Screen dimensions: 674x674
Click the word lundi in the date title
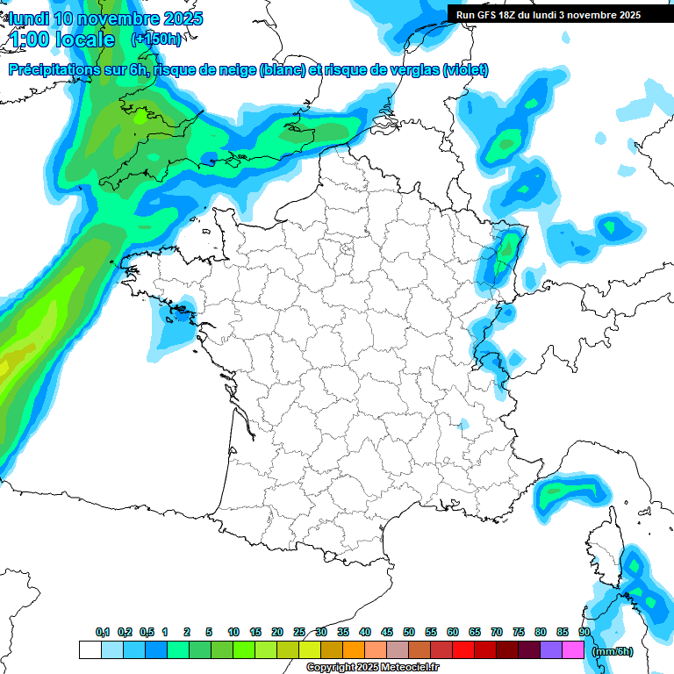29,18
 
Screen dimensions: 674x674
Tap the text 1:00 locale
62,39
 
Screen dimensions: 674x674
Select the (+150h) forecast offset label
156,39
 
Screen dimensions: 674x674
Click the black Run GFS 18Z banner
548,14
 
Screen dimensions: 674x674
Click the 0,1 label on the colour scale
103,633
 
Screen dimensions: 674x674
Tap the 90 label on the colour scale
584,633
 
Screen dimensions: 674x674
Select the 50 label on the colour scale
409,633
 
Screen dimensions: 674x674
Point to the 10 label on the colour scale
233,633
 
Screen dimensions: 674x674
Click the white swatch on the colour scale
90,649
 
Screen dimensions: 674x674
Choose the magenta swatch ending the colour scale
573,649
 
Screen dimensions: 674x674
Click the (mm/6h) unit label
612,651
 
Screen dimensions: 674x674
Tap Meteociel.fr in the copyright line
408,668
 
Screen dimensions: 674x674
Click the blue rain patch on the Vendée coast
176,325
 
